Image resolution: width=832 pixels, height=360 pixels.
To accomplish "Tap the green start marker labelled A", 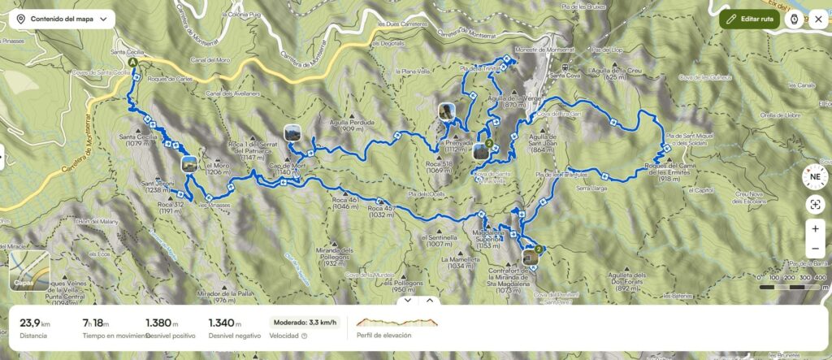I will tap(132, 61).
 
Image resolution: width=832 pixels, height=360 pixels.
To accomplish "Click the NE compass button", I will tap(814, 175).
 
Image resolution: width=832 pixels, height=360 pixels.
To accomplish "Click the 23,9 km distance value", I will tap(36, 323).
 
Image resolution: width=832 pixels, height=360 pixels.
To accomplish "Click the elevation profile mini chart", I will tap(396, 323).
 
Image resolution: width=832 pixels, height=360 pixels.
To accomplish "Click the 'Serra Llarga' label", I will tap(592, 188).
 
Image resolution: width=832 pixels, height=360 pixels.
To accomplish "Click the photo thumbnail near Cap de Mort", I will tap(292, 132).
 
